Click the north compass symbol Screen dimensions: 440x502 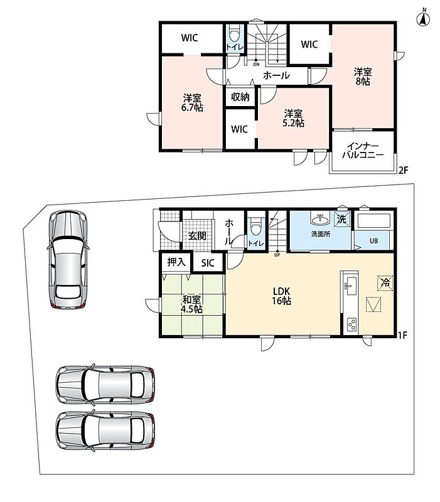(x=423, y=18)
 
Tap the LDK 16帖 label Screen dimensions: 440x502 (x=281, y=296)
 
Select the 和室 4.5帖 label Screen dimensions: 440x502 (x=192, y=304)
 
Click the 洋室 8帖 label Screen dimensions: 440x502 (x=363, y=77)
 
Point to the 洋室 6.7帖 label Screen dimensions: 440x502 (x=192, y=102)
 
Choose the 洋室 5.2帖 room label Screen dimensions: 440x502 (x=293, y=119)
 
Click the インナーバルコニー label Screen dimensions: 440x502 (x=363, y=151)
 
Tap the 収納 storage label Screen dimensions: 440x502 (x=240, y=97)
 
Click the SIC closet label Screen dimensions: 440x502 (x=208, y=263)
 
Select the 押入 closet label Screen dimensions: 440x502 (x=176, y=262)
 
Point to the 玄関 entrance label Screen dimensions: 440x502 (x=197, y=237)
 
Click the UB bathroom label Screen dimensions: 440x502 (x=373, y=241)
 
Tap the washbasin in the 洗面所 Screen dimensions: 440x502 (x=319, y=220)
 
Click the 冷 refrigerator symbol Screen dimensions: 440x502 (x=385, y=283)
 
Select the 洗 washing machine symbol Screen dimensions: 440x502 (x=341, y=220)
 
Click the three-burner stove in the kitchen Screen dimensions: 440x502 (x=351, y=325)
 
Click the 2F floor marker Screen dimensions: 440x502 (x=403, y=170)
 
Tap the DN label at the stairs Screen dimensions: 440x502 (x=256, y=65)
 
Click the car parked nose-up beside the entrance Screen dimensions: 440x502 (x=68, y=260)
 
